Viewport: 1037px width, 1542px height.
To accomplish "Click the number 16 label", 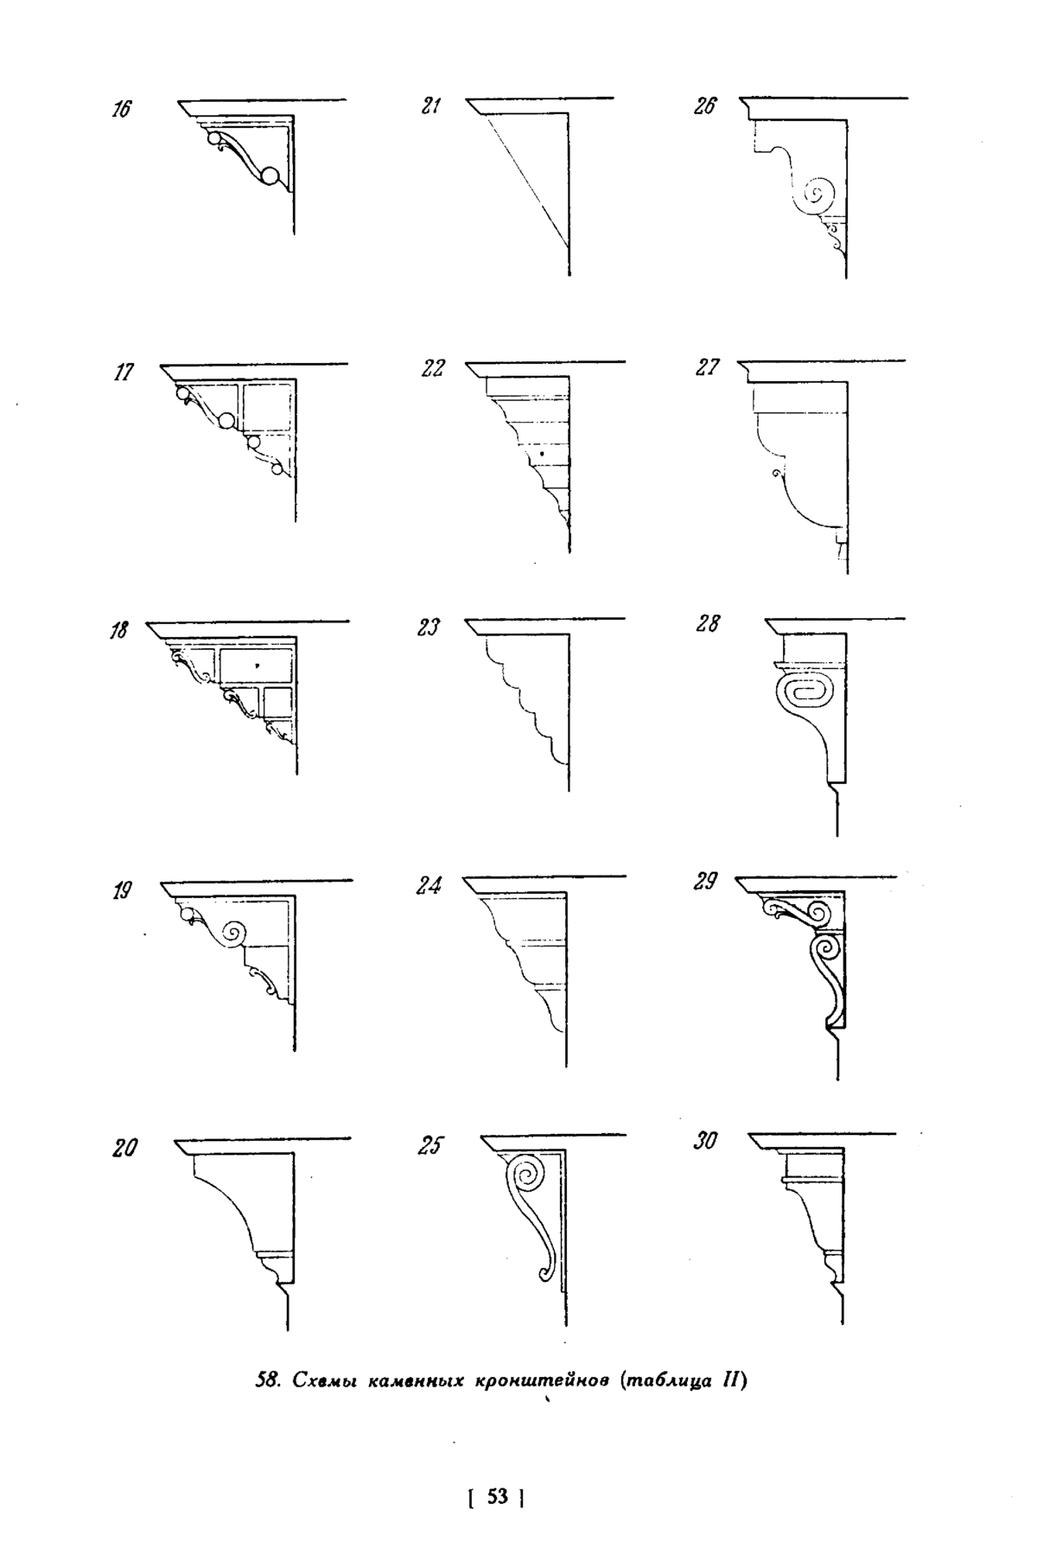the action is point(122,111).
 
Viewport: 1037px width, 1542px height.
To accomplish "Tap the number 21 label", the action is point(432,107).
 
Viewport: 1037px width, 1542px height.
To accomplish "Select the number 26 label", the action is point(704,107).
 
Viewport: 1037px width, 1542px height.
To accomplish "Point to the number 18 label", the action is point(118,631).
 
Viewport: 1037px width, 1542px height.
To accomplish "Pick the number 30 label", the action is point(705,1142).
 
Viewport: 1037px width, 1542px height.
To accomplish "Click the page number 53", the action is point(497,1496).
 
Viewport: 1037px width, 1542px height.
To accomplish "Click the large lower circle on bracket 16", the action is point(270,177).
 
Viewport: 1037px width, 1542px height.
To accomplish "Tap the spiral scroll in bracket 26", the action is point(817,194).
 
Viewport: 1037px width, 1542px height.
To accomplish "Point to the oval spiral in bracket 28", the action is point(805,694).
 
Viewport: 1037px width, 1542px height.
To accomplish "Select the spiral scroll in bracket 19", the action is point(234,933).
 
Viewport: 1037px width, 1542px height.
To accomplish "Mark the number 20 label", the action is point(124,1149).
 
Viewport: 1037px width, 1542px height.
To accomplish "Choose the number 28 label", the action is point(706,624).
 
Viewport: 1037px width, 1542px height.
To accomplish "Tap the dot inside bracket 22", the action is point(541,453).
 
